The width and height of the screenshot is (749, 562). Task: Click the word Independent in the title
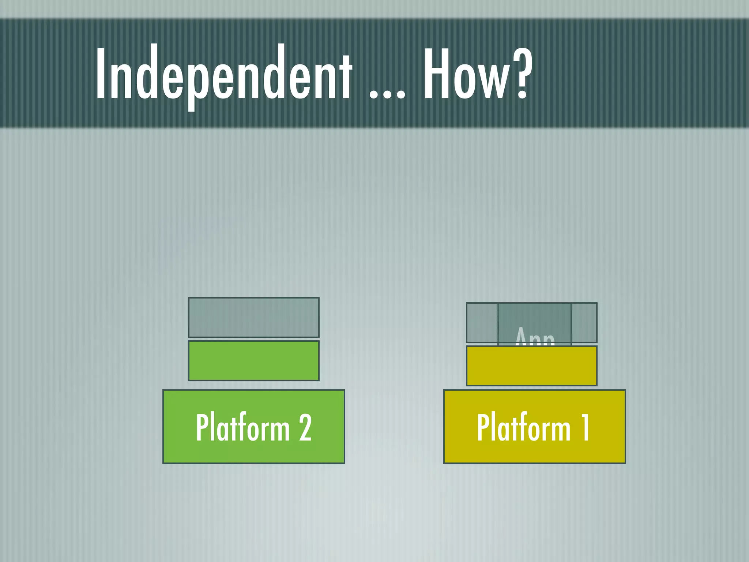tap(224, 73)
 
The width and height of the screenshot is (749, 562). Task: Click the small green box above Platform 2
tap(253, 361)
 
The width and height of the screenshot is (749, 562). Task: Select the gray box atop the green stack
tap(253, 317)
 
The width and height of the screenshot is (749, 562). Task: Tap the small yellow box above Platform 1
tap(531, 366)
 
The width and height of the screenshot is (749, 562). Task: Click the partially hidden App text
tap(535, 337)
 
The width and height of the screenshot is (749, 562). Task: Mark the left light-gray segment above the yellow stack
tap(482, 322)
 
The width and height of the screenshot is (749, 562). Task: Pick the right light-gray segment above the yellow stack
tap(584, 322)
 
